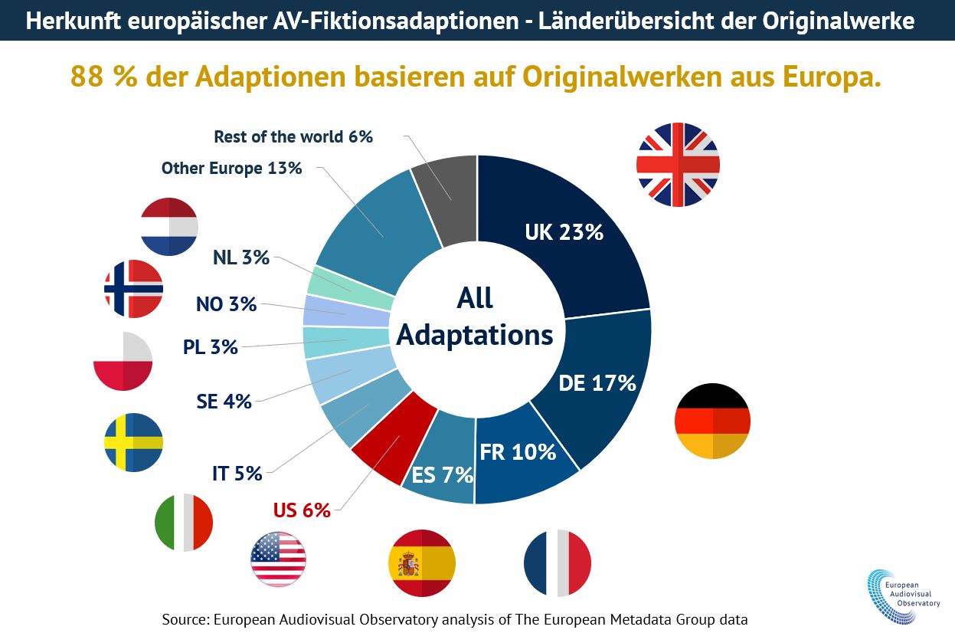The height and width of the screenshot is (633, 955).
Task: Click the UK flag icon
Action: pos(678,165)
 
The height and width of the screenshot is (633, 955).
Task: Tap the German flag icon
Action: pos(712,421)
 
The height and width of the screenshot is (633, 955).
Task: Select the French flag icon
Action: pos(558,562)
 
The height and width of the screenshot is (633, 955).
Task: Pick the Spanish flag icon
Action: pos(422,563)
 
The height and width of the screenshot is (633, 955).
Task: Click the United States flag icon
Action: pos(278,559)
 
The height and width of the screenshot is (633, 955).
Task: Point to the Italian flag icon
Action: pos(183,522)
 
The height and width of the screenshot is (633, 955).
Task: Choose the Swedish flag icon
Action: pos(133,442)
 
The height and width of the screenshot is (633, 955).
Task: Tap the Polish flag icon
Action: pos(123,362)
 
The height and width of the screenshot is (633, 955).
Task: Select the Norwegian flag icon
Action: pos(133,289)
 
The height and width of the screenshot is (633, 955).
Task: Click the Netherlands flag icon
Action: pos(169,226)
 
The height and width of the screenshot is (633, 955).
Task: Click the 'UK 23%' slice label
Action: pos(564,232)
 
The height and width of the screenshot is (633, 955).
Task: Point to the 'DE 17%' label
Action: pos(597,382)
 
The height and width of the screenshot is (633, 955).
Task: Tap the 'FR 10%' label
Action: pos(518,452)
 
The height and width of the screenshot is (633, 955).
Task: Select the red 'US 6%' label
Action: pos(302,510)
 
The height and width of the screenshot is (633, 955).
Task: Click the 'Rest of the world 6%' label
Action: pos(293,137)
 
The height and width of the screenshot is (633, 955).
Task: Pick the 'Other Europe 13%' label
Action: pos(231,168)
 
